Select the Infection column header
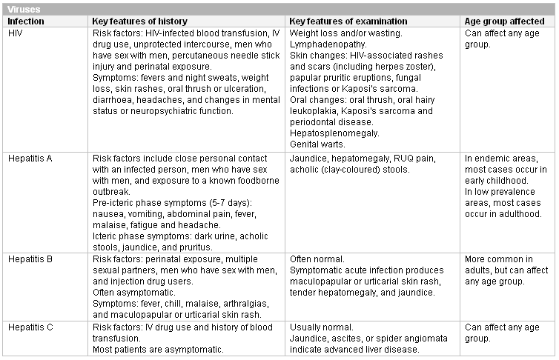27,21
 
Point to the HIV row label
16,34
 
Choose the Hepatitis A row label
31,159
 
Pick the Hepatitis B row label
31,259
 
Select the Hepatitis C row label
31,327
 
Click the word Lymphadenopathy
325,44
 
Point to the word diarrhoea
115,100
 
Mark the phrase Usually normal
321,327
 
